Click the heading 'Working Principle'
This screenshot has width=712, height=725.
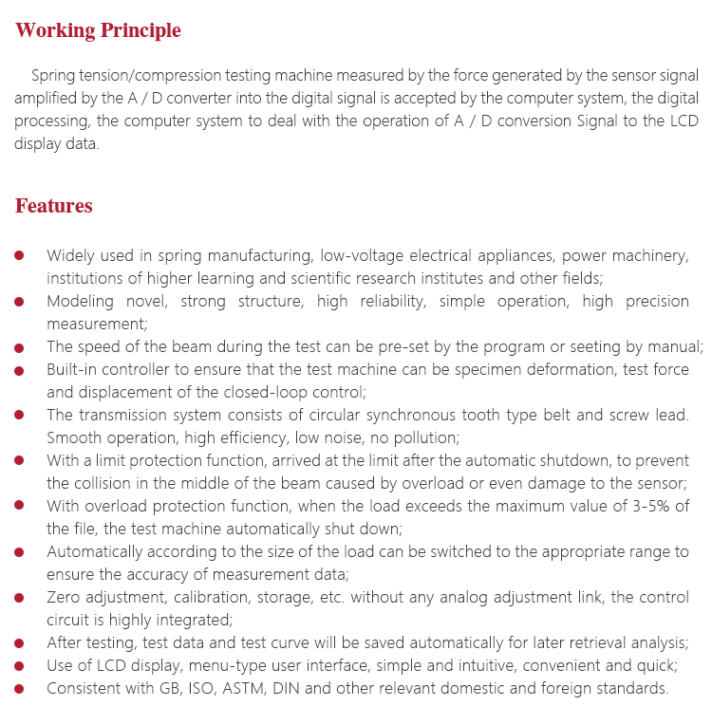click(98, 30)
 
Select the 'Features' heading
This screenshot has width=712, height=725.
click(54, 206)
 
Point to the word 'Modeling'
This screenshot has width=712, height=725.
click(81, 301)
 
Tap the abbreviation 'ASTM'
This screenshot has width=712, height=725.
click(246, 688)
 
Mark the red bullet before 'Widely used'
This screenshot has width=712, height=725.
click(21, 256)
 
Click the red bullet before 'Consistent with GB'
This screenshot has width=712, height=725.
click(21, 688)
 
